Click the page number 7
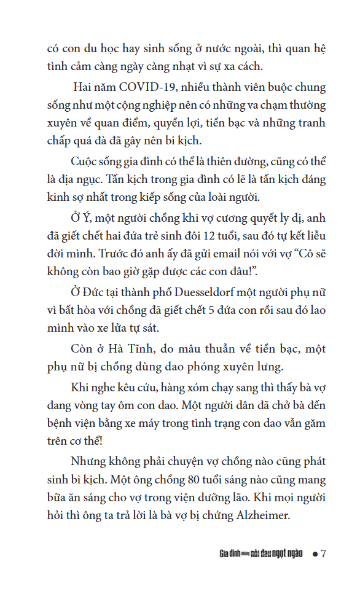point(323,553)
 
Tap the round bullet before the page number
point(314,553)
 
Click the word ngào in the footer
point(293,553)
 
